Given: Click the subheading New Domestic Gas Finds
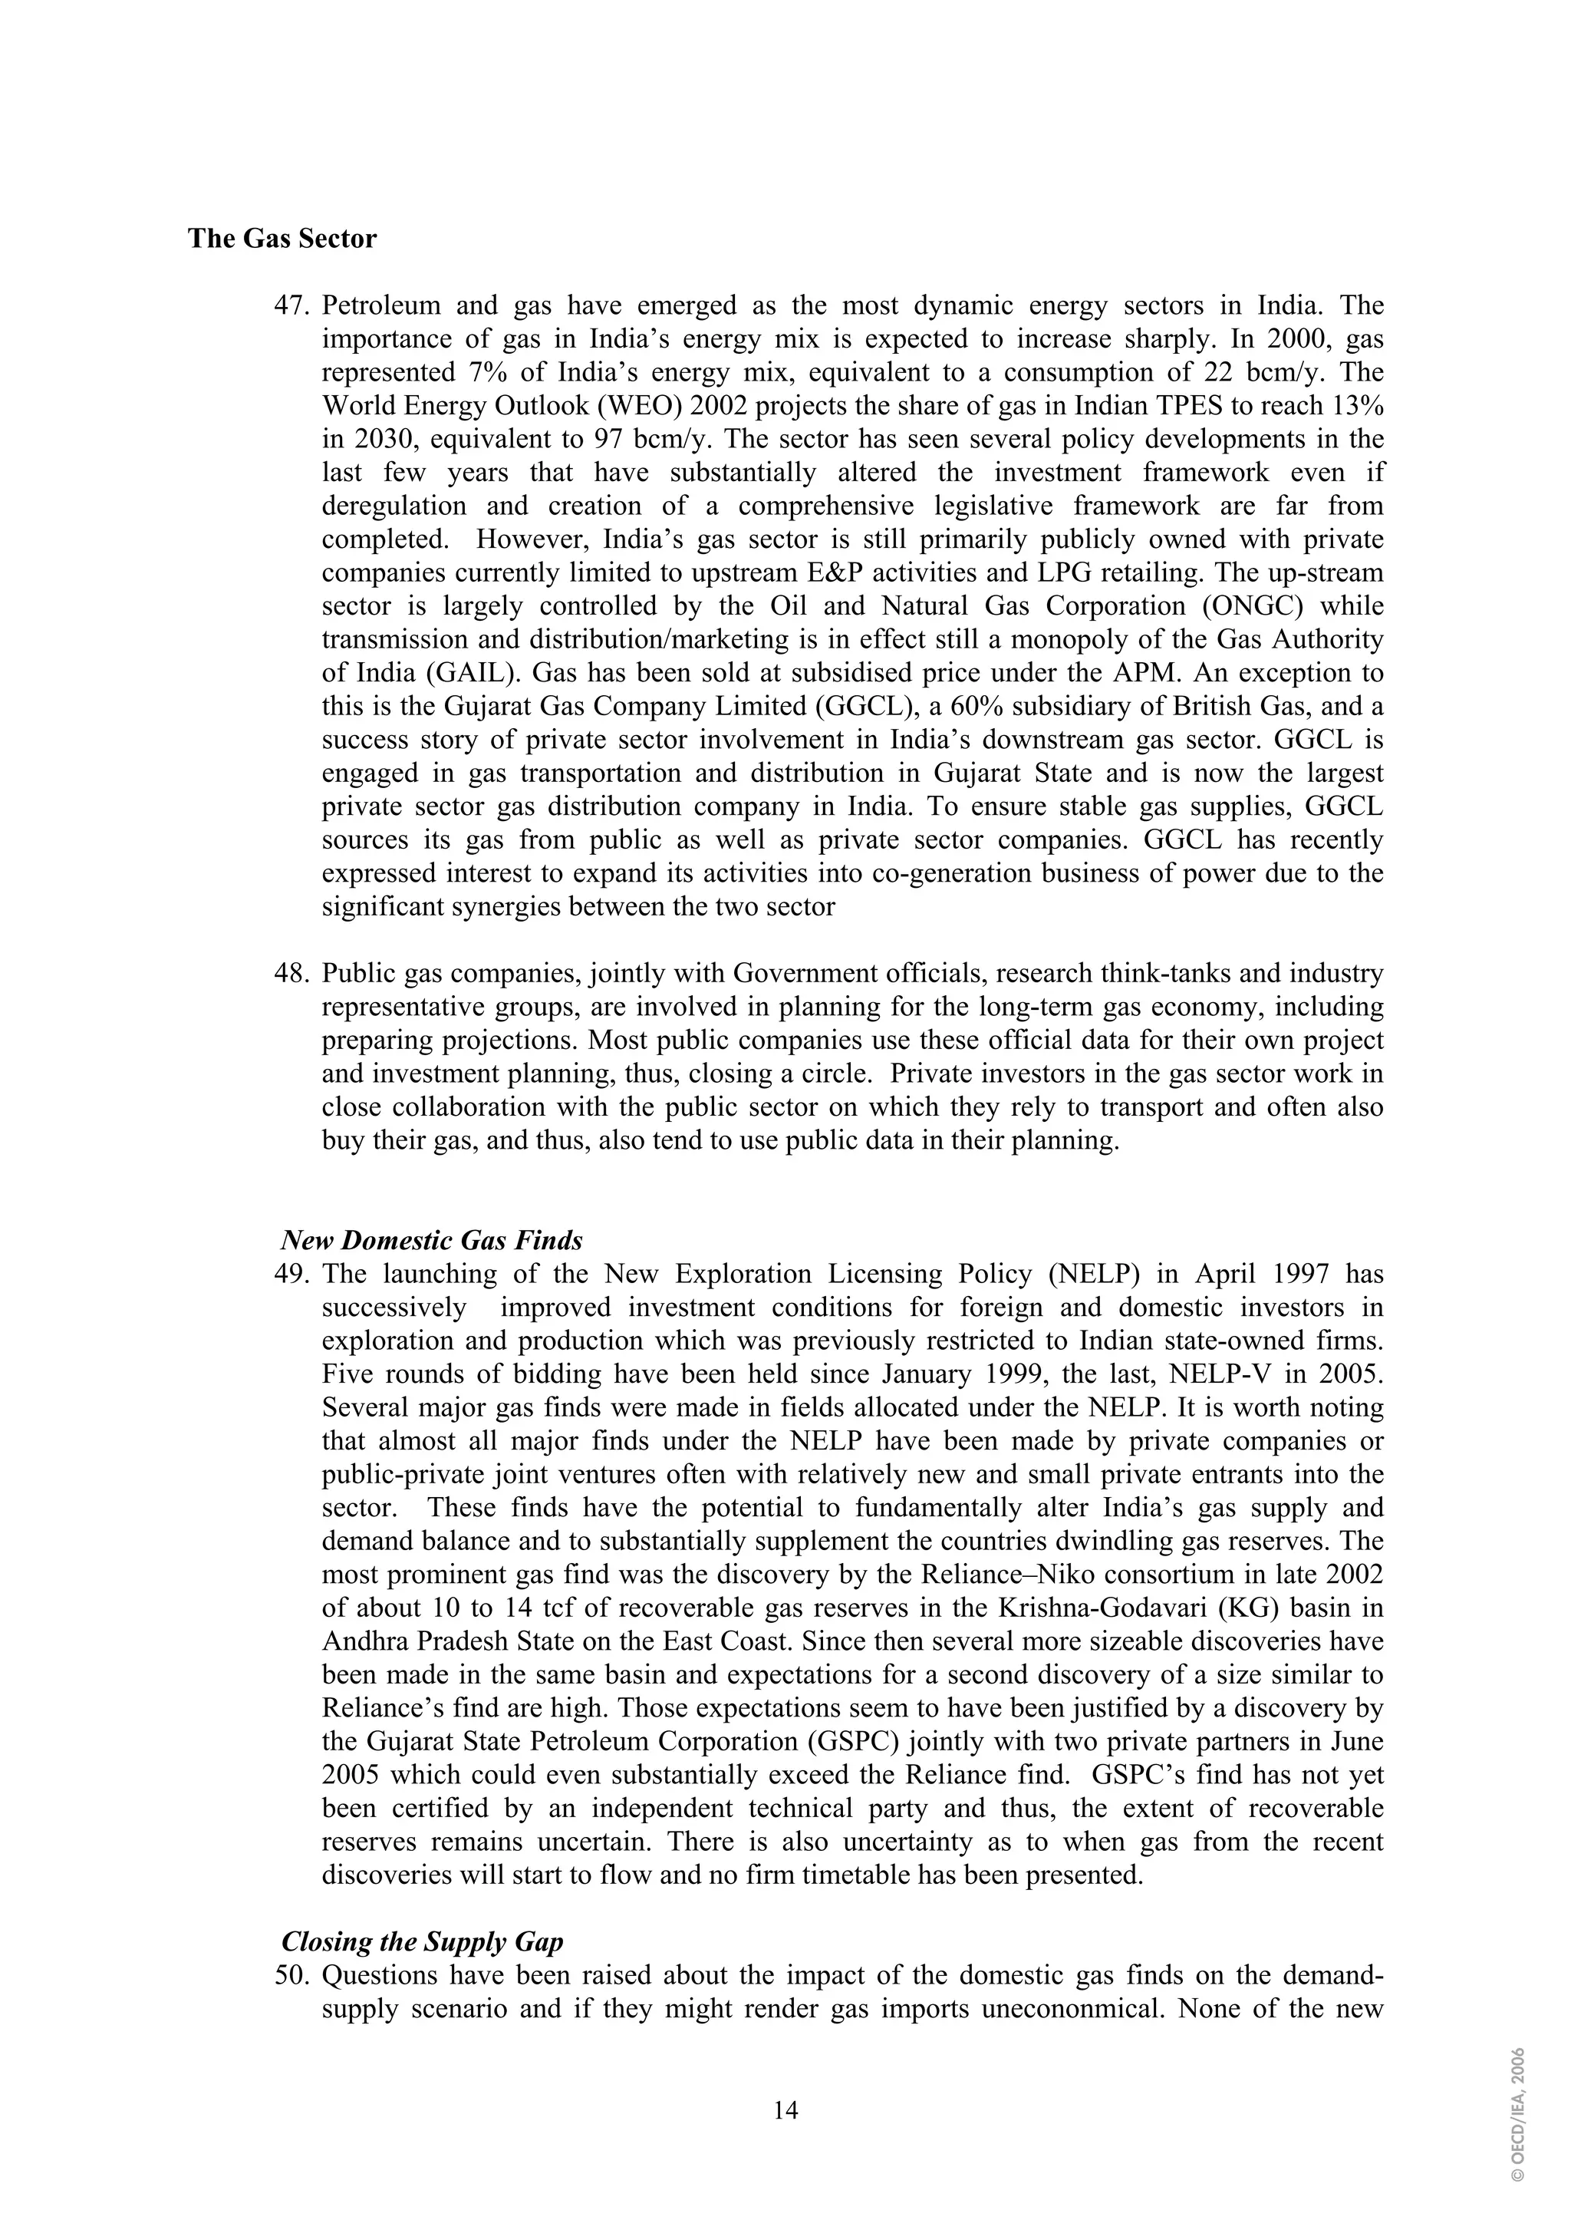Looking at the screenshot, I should (432, 1240).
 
